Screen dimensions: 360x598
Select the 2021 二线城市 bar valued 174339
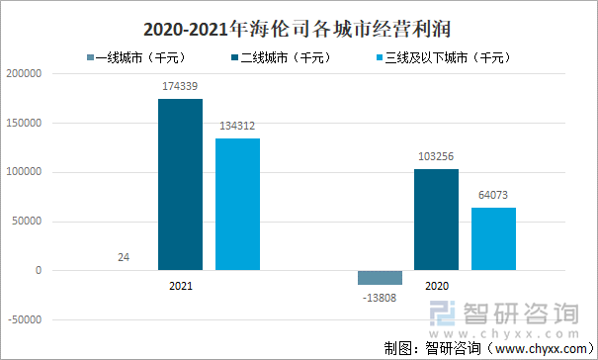tap(180, 184)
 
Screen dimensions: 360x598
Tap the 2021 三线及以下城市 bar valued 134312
tap(237, 204)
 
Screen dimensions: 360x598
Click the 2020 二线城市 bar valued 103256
tap(436, 219)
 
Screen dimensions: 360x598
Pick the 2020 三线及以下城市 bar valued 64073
tap(493, 238)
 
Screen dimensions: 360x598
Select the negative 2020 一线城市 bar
tap(380, 278)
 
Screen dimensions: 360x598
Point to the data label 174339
tap(180, 88)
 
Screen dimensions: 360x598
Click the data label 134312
tap(237, 127)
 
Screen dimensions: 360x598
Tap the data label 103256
tap(436, 157)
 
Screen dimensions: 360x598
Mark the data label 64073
tap(493, 196)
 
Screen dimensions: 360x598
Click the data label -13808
tap(379, 297)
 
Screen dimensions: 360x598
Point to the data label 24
tap(124, 258)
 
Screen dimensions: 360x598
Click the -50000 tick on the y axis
tap(25, 319)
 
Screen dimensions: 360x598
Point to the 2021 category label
tap(180, 285)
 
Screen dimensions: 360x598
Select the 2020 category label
tap(436, 285)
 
